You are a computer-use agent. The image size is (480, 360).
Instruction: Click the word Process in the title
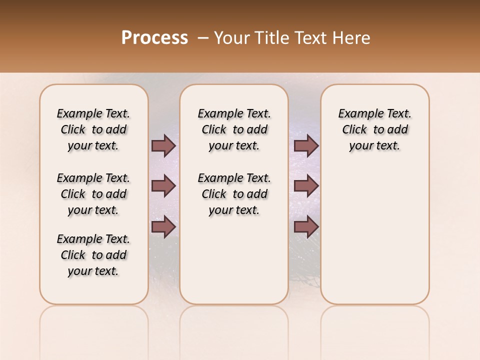pyautogui.click(x=154, y=37)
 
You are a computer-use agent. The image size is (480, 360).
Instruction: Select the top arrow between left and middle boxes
pyautogui.click(x=163, y=145)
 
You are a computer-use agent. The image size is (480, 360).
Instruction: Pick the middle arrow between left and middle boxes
pyautogui.click(x=163, y=186)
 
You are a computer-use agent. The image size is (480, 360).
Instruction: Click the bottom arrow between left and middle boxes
pyautogui.click(x=163, y=227)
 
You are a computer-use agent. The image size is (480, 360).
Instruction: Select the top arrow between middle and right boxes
pyautogui.click(x=306, y=145)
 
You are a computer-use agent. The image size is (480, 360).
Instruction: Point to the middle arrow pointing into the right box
pyautogui.click(x=306, y=186)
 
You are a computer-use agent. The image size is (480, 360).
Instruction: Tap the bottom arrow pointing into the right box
pyautogui.click(x=306, y=227)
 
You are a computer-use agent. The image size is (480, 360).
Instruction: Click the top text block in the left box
pyautogui.click(x=93, y=129)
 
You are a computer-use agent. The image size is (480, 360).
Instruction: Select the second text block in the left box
pyautogui.click(x=93, y=194)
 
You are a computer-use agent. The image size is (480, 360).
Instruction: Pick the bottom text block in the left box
pyautogui.click(x=93, y=255)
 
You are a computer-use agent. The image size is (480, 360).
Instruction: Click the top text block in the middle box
pyautogui.click(x=234, y=129)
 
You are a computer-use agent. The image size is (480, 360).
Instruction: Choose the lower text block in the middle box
pyautogui.click(x=234, y=194)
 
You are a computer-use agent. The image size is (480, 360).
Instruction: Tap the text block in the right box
pyautogui.click(x=374, y=129)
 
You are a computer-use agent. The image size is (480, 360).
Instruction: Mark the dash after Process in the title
pyautogui.click(x=203, y=38)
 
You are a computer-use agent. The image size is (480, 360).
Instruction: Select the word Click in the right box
pyautogui.click(x=354, y=129)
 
